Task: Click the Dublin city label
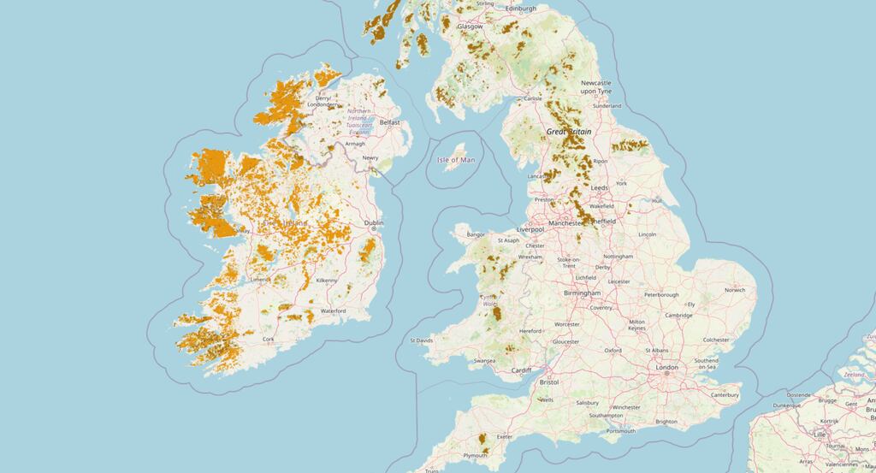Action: point(373,223)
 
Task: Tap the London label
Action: point(666,368)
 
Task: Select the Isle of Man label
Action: point(455,160)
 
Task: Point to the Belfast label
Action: point(390,122)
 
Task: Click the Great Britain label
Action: point(569,132)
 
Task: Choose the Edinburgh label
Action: point(520,9)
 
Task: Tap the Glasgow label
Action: point(470,27)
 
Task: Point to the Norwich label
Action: point(735,290)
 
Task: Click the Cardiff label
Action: point(521,370)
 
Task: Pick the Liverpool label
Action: point(531,230)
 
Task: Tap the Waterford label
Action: point(333,311)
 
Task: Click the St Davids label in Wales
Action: point(423,340)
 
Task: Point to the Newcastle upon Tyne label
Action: point(596,86)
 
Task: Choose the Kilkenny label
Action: point(326,281)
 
